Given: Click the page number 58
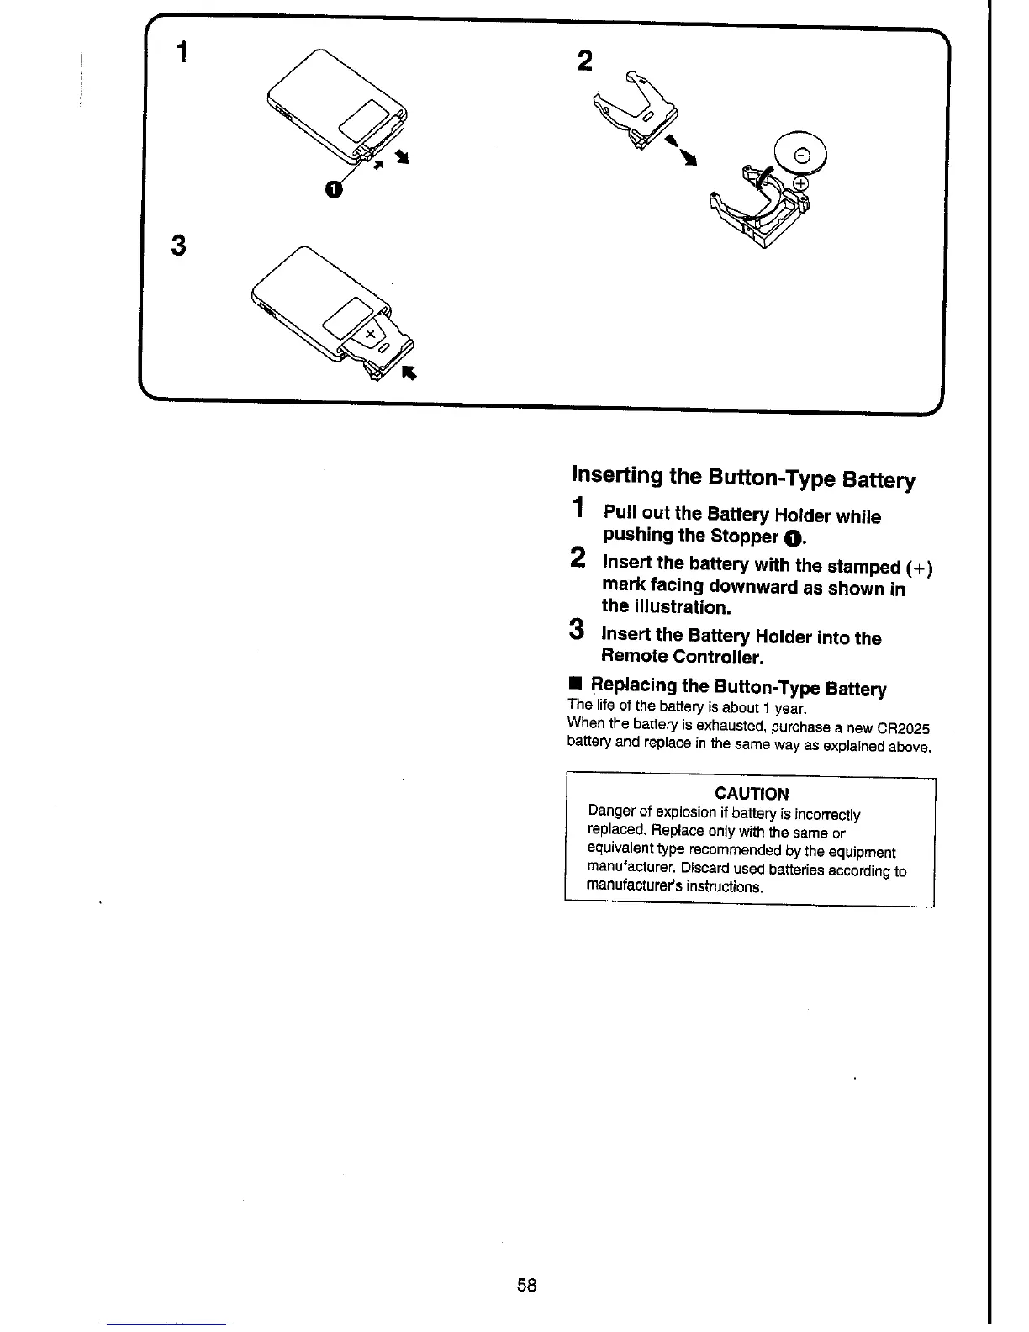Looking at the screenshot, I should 527,1285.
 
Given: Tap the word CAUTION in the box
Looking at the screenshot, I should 751,793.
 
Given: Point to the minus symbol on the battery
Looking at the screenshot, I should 802,155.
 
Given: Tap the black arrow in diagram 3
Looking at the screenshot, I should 409,373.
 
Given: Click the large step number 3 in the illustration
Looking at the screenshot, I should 177,246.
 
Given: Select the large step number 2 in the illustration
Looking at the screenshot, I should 586,61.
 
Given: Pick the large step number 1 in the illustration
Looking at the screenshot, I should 181,52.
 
